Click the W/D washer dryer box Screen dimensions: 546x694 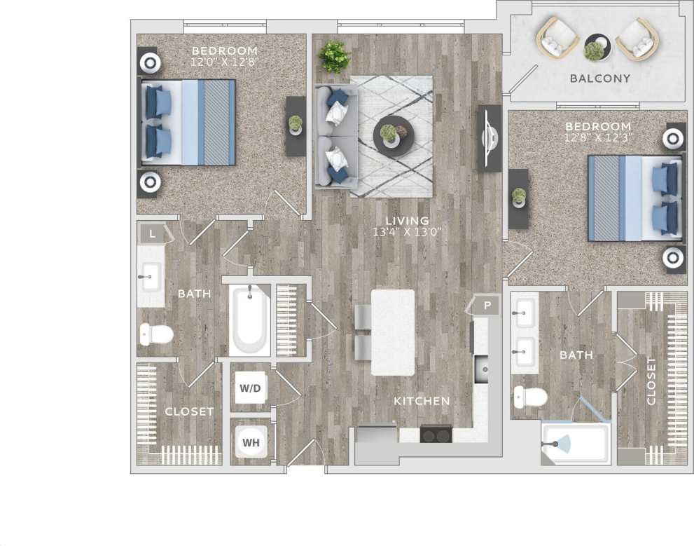tap(251, 388)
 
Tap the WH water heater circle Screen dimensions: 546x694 tap(251, 442)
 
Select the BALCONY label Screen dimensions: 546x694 tap(599, 79)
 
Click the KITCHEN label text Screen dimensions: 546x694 tap(421, 401)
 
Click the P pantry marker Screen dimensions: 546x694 tap(487, 306)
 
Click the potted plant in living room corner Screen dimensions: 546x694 tap(335, 56)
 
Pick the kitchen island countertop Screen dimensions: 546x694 tap(392, 332)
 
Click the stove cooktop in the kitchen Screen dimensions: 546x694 tap(436, 435)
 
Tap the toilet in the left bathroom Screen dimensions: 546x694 tap(156, 334)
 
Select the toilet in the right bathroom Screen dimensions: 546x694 tap(530, 397)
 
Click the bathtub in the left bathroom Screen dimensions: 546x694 tap(250, 320)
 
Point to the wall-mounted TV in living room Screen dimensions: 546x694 tap(490, 138)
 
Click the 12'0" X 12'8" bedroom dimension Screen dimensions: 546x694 tap(225, 62)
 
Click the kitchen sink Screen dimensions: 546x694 tap(482, 367)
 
